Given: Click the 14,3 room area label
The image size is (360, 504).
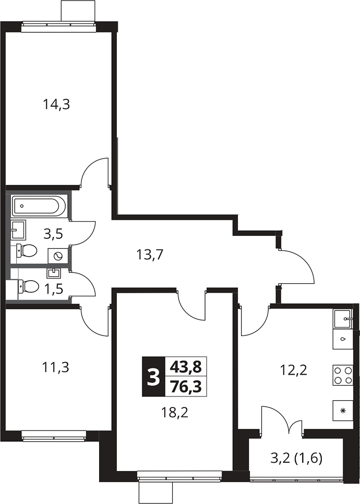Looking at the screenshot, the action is tap(56, 105).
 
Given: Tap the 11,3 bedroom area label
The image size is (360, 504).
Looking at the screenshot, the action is tap(56, 367).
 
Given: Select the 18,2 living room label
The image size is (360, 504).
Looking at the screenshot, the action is tap(174, 412).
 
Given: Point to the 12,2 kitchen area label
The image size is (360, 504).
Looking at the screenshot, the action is tap(294, 370).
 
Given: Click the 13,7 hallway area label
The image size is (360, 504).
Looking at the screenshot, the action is tap(150, 255).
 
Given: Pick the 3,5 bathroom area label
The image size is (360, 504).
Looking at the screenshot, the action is tap(53, 234).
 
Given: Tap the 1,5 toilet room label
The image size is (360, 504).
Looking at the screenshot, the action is tap(53, 288).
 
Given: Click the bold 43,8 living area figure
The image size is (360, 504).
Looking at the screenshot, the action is tap(185, 366).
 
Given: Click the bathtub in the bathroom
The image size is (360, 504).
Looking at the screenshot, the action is tap(40, 206).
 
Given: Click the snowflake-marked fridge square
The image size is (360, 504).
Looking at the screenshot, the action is tap(343, 410).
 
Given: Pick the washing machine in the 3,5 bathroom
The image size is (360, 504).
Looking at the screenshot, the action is tap(58, 256).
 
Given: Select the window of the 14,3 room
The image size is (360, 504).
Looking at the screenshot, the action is tap(59, 27).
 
